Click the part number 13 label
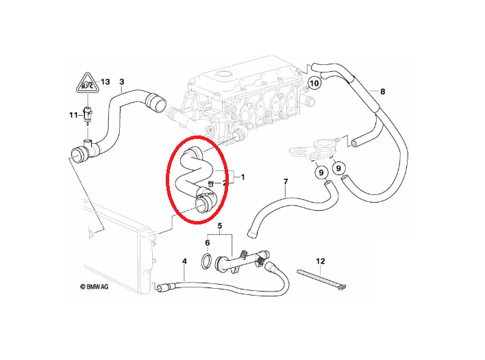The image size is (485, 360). tap(105, 82)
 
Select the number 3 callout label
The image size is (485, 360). tap(122, 82)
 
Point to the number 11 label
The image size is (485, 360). tap(73, 115)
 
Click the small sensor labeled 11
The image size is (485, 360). tap(88, 114)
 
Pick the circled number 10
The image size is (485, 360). tap(314, 83)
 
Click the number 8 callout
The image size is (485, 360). tap(383, 92)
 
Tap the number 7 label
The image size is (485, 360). tap(286, 181)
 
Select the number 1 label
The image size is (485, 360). tap(242, 177)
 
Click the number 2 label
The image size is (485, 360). tap(225, 183)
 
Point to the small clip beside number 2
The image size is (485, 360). tap(212, 183)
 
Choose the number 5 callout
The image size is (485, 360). tap(220, 226)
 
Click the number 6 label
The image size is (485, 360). tap(208, 243)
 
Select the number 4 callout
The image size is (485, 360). tap(184, 261)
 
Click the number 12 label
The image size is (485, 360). tap(321, 261)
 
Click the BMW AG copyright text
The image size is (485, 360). tap(95, 287)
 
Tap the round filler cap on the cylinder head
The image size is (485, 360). tap(221, 75)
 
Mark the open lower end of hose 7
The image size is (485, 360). tap(252, 233)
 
